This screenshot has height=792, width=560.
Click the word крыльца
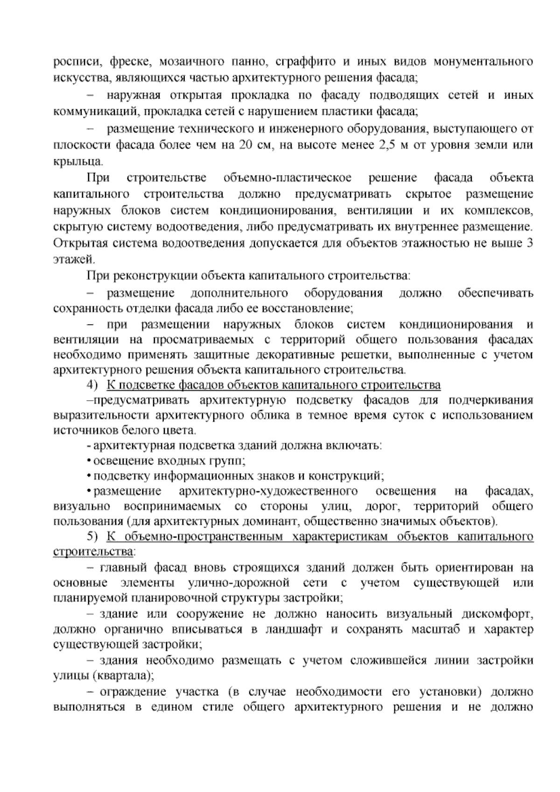77,162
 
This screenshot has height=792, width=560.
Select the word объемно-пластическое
287,178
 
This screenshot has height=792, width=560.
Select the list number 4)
92,385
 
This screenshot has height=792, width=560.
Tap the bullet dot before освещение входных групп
88,461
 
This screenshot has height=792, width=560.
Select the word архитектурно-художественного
268,491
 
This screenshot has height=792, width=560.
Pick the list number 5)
92,537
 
